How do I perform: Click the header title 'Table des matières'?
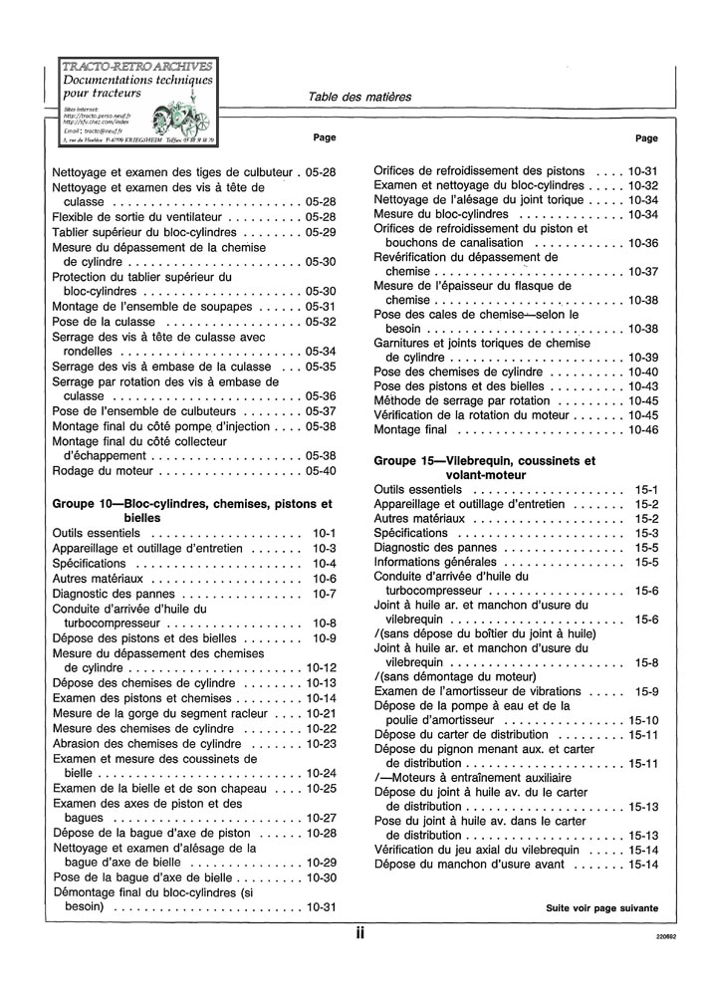pyautogui.click(x=359, y=97)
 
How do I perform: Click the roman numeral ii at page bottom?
pyautogui.click(x=359, y=935)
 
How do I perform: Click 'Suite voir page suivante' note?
pyautogui.click(x=601, y=908)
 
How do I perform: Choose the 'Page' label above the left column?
pyautogui.click(x=325, y=137)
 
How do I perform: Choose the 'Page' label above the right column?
pyautogui.click(x=646, y=138)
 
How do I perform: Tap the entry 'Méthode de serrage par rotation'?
pyautogui.click(x=467, y=400)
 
